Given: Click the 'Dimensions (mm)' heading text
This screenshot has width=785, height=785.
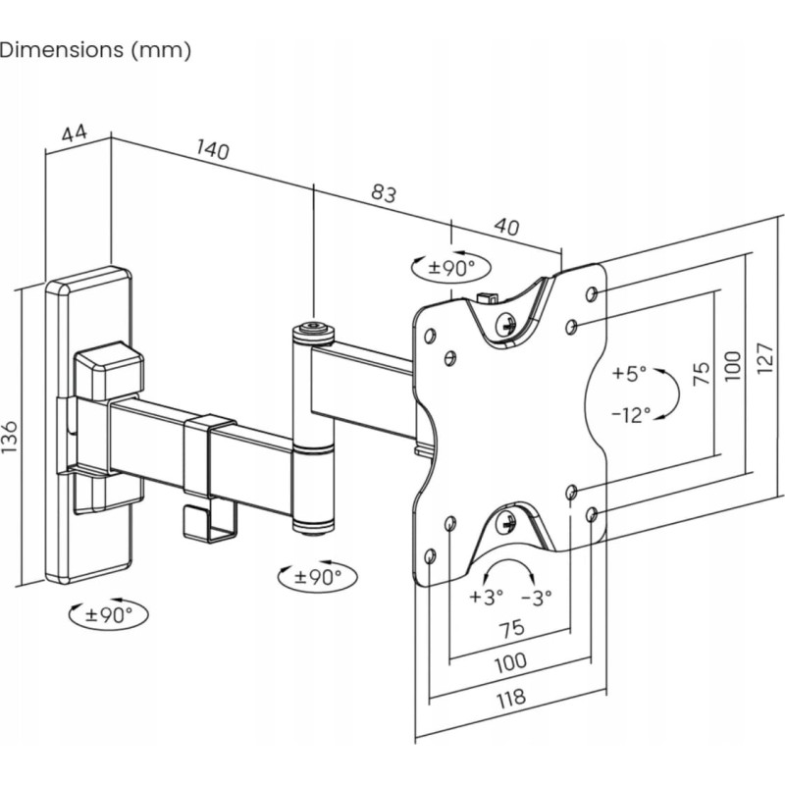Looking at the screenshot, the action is (95, 51).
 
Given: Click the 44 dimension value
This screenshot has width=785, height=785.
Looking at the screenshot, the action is (75, 133).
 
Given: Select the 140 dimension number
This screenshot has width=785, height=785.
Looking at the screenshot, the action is (213, 149).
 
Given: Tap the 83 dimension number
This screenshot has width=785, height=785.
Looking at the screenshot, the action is (384, 192).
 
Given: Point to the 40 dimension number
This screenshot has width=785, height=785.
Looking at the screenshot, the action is (506, 227).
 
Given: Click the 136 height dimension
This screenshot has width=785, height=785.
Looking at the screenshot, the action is (10, 437).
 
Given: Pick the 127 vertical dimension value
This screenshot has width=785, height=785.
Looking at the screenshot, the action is (765, 358).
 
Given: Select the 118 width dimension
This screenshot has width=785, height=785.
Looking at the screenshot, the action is (511, 699).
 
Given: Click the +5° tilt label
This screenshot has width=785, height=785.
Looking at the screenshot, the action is (629, 373).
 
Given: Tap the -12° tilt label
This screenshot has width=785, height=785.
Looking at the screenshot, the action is (631, 414).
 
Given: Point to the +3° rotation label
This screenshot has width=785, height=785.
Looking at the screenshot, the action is (486, 597).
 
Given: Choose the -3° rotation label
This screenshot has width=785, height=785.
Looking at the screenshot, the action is (536, 598).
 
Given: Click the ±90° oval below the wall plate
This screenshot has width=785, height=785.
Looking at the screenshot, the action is (109, 613).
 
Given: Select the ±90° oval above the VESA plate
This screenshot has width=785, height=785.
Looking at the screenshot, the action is (451, 267).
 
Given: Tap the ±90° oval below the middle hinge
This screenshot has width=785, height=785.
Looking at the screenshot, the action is (317, 576).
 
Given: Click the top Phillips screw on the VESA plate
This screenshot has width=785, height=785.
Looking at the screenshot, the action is (506, 325).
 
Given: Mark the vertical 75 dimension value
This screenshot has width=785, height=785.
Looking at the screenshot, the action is (702, 373).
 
